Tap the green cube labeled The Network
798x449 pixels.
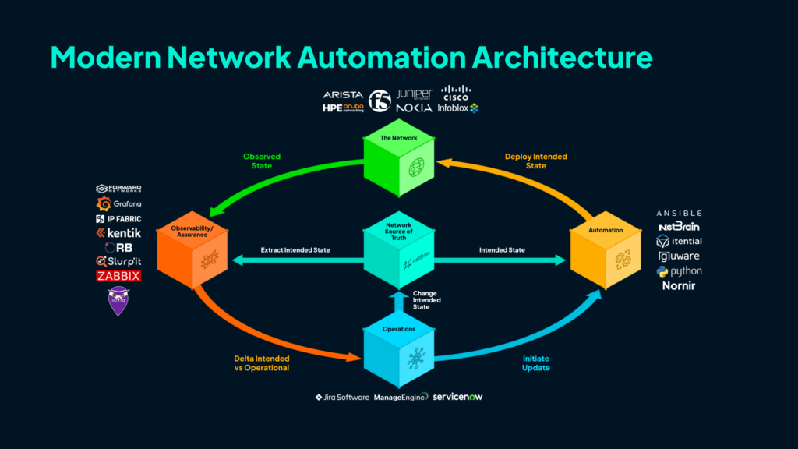click(x=398, y=164)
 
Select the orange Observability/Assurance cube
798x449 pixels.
click(x=191, y=253)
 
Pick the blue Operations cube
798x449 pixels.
click(x=398, y=351)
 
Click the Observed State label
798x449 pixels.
click(x=262, y=161)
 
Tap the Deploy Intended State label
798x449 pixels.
click(x=535, y=161)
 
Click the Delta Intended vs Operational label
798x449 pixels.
click(x=262, y=363)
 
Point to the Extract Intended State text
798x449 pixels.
click(x=295, y=250)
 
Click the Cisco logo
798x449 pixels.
click(x=455, y=94)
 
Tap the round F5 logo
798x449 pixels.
click(x=380, y=101)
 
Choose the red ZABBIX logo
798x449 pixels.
click(x=118, y=276)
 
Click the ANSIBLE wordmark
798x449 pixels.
click(x=679, y=213)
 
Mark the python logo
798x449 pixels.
click(x=679, y=271)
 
